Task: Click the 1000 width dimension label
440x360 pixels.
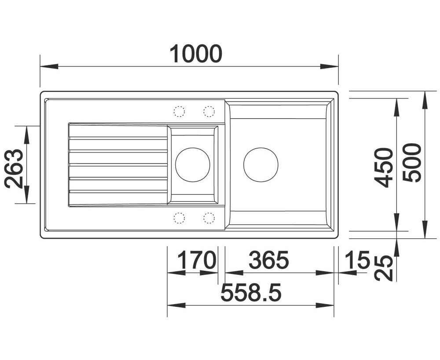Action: coord(196,54)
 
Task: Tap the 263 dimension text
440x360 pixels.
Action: coord(14,168)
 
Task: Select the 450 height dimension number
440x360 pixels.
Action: coord(385,167)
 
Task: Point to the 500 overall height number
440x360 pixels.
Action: coord(412,163)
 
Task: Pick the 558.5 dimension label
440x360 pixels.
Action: coord(251,292)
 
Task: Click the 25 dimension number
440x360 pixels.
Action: coord(383,268)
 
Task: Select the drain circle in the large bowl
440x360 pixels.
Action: coord(260,148)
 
